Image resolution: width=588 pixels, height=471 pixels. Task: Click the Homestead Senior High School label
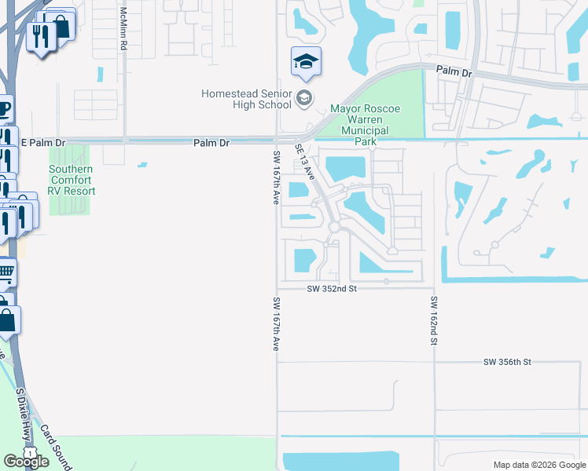[246, 99]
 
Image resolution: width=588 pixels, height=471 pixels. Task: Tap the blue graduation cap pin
[306, 62]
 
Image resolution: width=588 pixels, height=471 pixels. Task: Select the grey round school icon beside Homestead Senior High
[305, 99]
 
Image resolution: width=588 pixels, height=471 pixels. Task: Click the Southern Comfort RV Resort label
[72, 180]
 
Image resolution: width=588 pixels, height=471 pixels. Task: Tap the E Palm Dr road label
[44, 143]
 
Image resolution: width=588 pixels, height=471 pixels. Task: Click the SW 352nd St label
[332, 289]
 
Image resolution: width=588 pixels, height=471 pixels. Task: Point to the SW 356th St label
[508, 362]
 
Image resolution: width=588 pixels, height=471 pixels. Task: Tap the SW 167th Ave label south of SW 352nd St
[276, 323]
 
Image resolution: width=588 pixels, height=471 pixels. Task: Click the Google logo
[26, 462]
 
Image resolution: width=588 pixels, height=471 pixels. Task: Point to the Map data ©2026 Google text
[538, 465]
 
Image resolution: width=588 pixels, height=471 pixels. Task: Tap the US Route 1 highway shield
[28, 454]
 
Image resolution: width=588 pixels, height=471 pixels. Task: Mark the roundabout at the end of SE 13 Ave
[334, 227]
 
